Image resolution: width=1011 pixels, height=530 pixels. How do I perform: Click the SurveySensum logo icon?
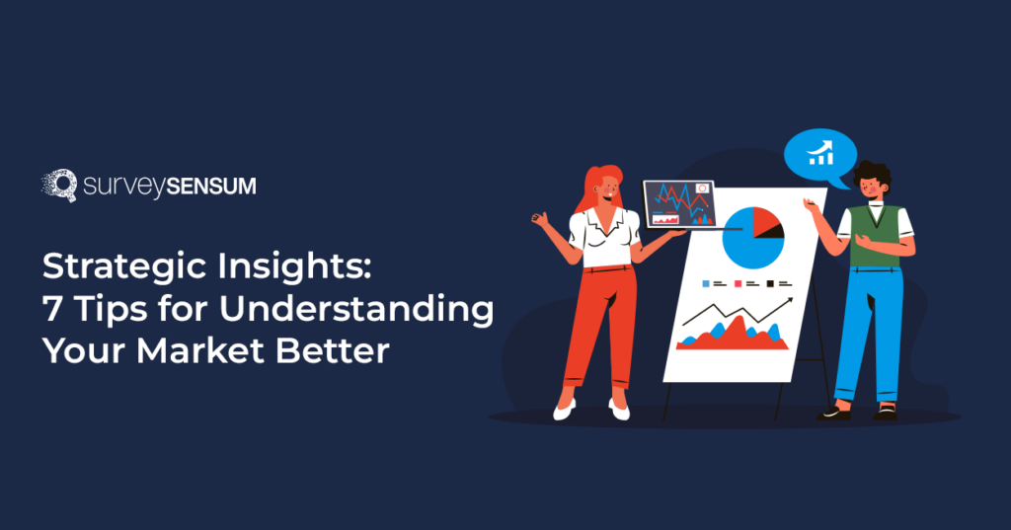(x=58, y=186)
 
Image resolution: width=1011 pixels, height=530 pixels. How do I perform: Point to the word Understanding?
(x=355, y=309)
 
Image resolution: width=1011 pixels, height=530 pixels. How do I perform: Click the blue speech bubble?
(x=819, y=155)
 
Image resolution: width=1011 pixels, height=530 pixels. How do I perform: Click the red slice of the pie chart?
(x=765, y=222)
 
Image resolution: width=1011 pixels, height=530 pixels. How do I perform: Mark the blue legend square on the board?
(x=706, y=283)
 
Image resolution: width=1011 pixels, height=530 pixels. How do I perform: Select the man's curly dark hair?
(x=873, y=177)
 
